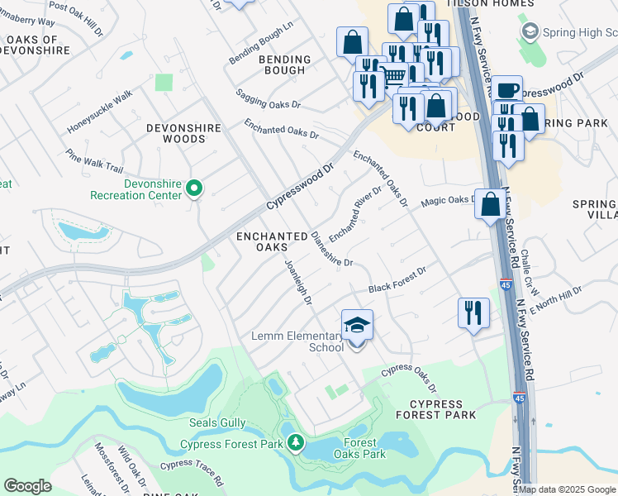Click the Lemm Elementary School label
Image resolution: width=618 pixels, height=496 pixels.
(297, 341)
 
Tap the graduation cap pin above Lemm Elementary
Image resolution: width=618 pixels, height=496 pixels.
(357, 325)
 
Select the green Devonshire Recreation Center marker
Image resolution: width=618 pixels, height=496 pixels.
(194, 189)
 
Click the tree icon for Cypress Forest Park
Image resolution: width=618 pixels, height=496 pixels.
(295, 444)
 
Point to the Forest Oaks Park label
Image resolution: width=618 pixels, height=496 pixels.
(359, 448)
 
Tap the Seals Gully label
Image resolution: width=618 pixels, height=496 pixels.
(217, 422)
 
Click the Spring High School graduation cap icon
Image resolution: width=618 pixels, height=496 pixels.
(530, 31)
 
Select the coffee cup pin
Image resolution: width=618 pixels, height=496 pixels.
(508, 89)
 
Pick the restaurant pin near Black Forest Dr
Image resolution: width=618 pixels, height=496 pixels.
(473, 312)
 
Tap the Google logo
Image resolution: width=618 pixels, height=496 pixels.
(27, 486)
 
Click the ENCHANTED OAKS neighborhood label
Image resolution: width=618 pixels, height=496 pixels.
(273, 242)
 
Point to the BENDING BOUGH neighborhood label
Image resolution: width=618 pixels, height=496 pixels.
(285, 64)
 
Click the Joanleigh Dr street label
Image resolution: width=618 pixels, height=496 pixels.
(297, 281)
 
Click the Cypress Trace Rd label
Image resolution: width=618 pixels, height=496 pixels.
(192, 471)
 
